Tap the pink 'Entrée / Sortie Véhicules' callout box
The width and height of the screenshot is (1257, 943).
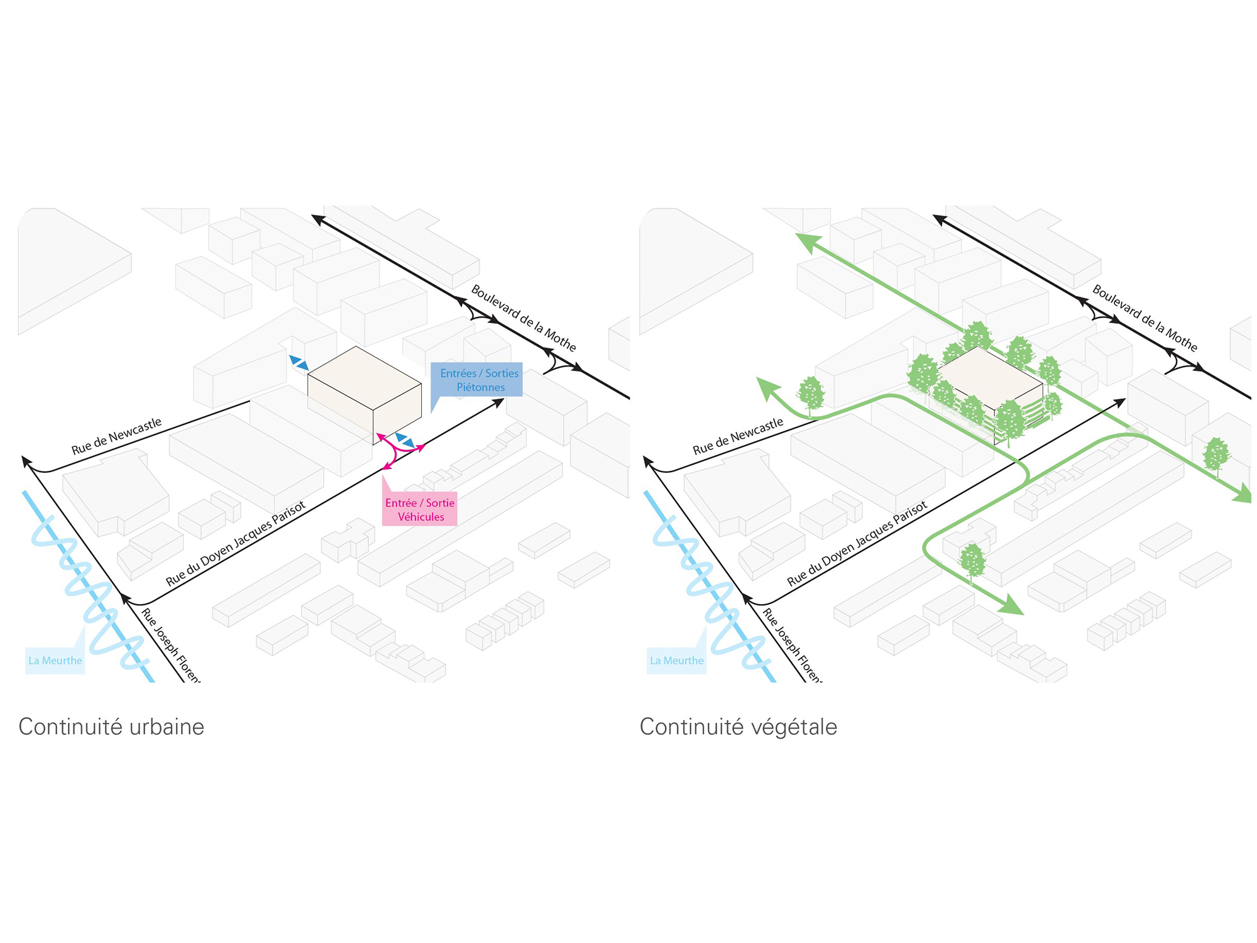[420, 509]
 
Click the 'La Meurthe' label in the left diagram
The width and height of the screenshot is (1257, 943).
[55, 661]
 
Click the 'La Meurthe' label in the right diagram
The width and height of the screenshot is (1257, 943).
[676, 661]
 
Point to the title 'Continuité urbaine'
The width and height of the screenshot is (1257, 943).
[111, 727]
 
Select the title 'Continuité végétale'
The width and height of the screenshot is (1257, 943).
[738, 727]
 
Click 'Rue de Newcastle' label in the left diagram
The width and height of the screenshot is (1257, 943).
[117, 436]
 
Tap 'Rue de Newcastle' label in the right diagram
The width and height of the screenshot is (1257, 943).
[738, 436]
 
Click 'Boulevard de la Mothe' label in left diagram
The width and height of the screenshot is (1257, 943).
[524, 319]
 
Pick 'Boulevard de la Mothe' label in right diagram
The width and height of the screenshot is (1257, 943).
[1144, 319]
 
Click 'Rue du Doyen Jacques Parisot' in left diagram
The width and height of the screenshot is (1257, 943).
[236, 544]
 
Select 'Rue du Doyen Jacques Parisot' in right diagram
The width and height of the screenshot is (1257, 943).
[857, 544]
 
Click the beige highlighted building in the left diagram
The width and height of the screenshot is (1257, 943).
[365, 395]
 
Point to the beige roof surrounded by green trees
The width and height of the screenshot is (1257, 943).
[988, 377]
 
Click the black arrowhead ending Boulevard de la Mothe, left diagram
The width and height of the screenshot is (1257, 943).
[318, 219]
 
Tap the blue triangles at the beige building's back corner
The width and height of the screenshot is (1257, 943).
[299, 362]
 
